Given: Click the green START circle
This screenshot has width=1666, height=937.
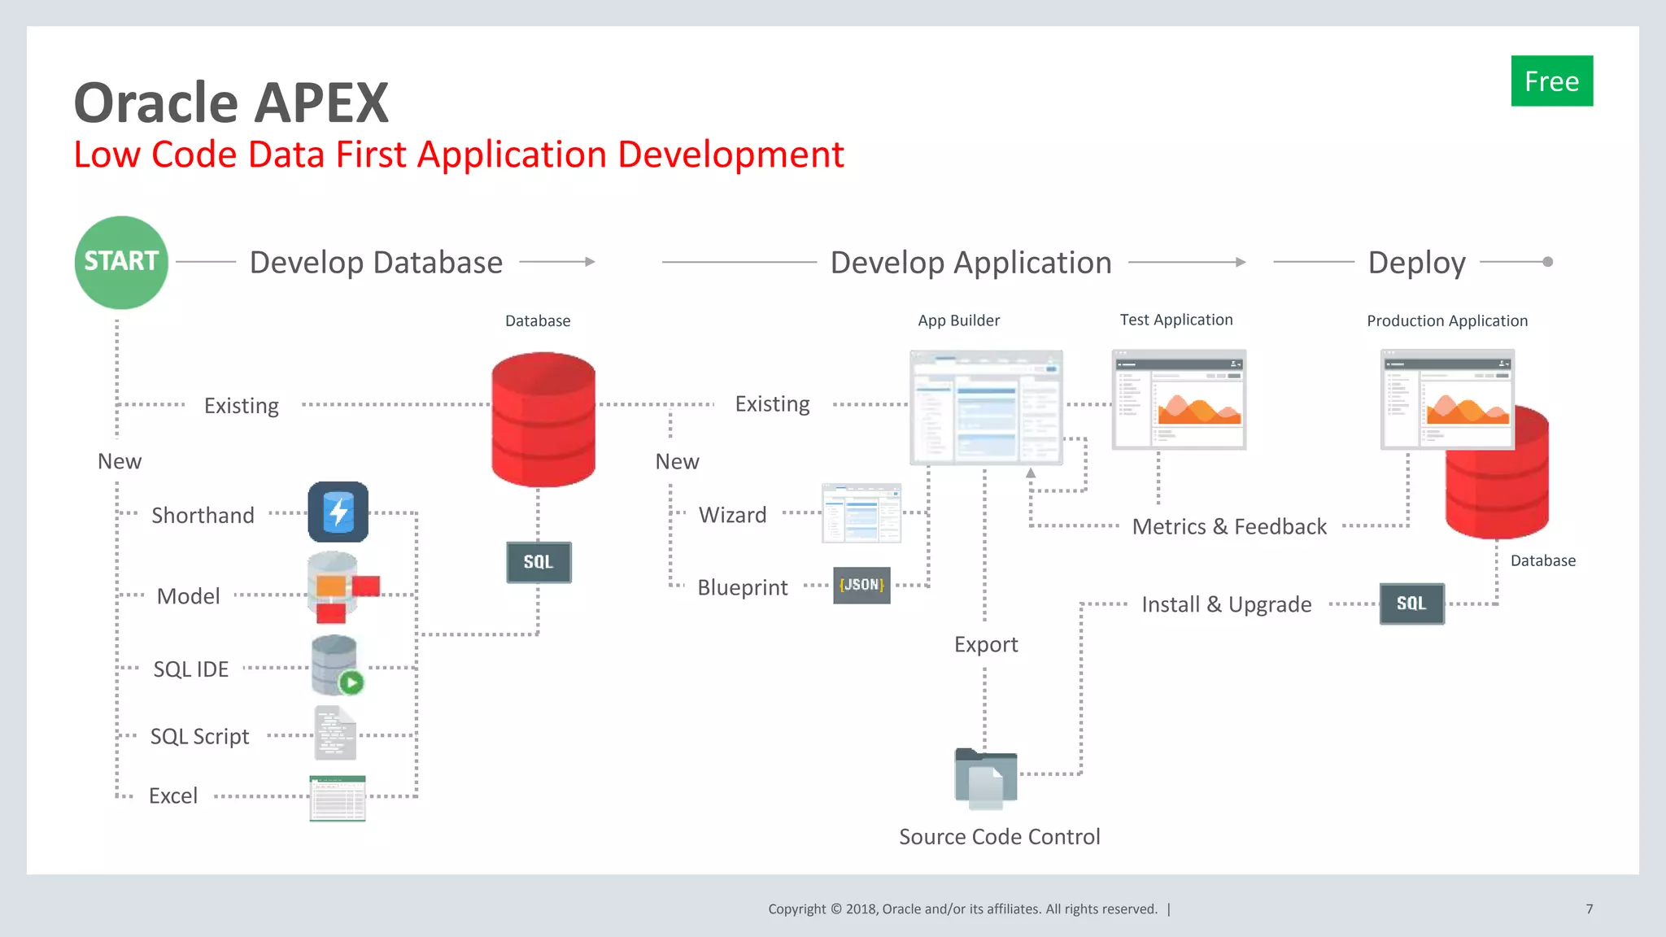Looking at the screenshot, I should [121, 262].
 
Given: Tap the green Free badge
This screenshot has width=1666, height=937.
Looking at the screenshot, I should [1551, 81].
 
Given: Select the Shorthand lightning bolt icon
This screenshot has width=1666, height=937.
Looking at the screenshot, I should [338, 512].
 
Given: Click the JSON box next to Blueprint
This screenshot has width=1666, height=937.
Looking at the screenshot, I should [861, 585].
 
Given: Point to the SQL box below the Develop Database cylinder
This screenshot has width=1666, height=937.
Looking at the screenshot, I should [539, 562].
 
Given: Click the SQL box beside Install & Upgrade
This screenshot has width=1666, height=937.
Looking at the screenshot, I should [1411, 604].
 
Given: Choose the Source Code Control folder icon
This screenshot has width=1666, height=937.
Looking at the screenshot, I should [986, 778].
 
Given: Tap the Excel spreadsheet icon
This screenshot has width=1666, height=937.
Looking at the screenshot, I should [338, 798].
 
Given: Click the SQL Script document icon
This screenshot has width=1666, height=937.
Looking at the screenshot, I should [334, 733].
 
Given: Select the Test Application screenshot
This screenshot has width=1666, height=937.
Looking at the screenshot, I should [1179, 399].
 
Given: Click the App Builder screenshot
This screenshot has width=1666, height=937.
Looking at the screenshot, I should [986, 407].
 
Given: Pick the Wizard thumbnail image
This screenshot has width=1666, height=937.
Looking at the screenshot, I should [861, 513].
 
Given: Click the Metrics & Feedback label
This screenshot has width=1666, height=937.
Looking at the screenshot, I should [1229, 527].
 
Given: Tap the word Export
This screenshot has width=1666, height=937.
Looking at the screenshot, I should [986, 644].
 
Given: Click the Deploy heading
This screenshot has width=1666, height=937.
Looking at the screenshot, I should [1416, 263].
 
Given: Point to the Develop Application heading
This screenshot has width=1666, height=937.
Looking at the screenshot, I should [970, 263].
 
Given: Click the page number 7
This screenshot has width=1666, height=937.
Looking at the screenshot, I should [1589, 909].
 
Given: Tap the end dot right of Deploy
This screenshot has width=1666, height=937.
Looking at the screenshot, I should [1547, 262].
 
